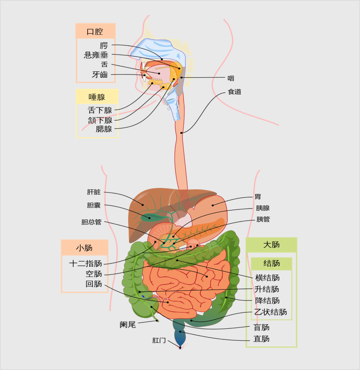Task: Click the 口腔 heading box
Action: (x=95, y=32)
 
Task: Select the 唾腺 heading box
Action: (x=97, y=97)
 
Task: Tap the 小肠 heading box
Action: (x=84, y=248)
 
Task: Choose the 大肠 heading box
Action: (x=271, y=245)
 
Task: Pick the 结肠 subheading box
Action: (x=272, y=263)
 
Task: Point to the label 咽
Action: (x=231, y=78)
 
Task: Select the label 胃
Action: (x=258, y=197)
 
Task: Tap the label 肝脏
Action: (x=94, y=192)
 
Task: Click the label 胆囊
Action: (x=94, y=205)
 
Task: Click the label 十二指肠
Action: (x=86, y=263)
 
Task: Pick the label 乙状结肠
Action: (x=271, y=312)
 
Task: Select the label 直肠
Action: (x=262, y=339)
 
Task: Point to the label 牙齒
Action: (x=100, y=75)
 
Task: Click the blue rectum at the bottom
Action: (x=179, y=338)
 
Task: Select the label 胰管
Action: (x=263, y=220)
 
